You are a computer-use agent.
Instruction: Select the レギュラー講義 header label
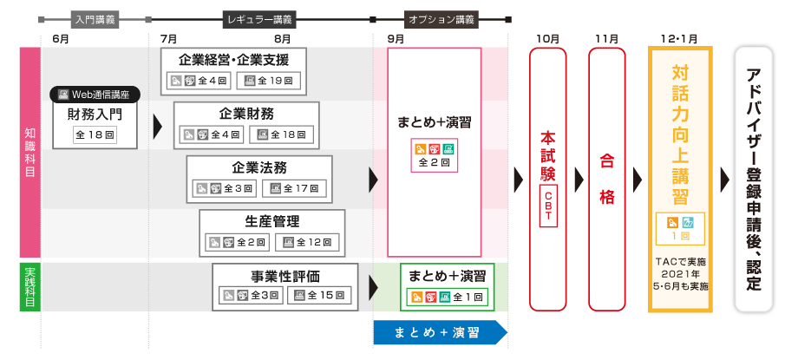point(259,18)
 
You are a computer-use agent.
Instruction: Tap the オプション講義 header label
point(441,18)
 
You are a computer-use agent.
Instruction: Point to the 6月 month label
point(61,39)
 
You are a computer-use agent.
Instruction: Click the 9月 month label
point(396,39)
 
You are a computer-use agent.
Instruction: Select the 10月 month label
point(547,39)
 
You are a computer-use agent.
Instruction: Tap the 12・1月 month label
point(678,39)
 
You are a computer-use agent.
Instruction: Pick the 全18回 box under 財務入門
point(95,135)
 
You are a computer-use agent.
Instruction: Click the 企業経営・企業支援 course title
point(233,60)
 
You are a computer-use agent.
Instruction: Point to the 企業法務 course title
point(259,167)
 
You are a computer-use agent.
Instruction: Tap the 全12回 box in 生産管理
point(309,243)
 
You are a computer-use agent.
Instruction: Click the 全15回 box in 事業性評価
point(322,296)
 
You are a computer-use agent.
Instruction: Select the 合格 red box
point(606,179)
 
